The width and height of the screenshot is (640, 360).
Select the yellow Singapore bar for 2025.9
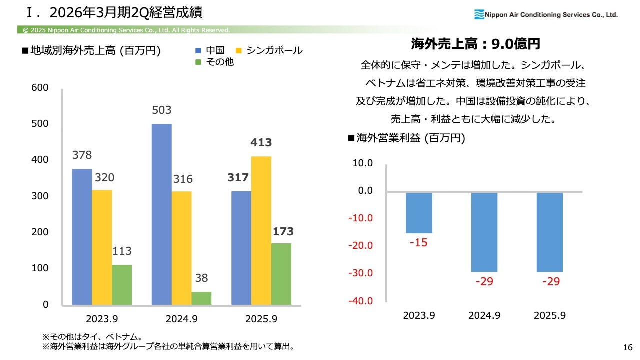[x=261, y=230]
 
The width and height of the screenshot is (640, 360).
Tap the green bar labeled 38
[x=201, y=298]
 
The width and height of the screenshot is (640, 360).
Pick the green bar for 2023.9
[x=122, y=284]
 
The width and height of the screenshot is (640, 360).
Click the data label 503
[x=162, y=110]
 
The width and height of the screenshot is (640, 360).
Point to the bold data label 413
[x=261, y=143]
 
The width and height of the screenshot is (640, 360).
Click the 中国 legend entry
[x=210, y=50]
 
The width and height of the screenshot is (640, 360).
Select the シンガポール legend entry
[x=269, y=50]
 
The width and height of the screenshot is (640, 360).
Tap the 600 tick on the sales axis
[x=40, y=88]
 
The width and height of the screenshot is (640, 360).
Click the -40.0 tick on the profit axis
[x=362, y=301]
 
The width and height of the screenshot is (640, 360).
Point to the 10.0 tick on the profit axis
[x=363, y=163]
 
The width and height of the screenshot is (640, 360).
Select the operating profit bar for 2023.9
[x=419, y=213]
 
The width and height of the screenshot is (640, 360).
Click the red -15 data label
[x=419, y=243]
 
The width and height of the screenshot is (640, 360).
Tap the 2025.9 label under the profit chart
[x=550, y=316]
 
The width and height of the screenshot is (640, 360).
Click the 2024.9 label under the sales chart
[x=181, y=319]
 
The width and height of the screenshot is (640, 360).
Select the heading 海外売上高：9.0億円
[x=475, y=44]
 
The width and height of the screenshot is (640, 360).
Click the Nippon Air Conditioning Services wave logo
[x=479, y=14]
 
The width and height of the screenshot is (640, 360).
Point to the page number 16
[x=628, y=347]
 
